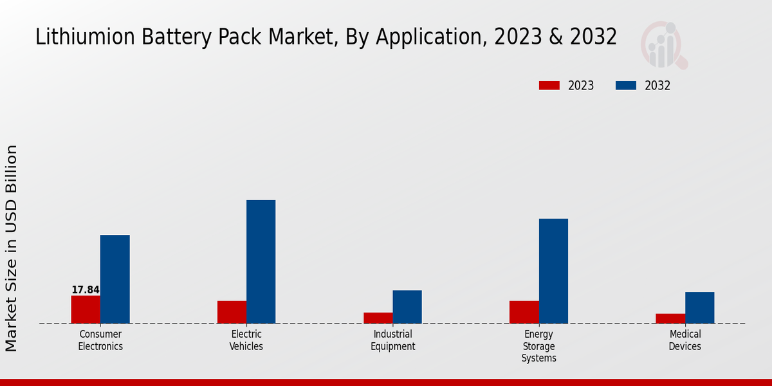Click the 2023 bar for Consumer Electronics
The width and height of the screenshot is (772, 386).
point(86,309)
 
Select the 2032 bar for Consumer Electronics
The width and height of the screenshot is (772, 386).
point(115,279)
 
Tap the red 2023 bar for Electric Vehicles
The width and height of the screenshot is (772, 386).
point(232,312)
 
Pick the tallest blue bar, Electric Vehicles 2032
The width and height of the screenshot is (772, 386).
point(261,262)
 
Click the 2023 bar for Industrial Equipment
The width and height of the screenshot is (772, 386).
point(378,318)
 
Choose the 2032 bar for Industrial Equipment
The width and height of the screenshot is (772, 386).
point(407,307)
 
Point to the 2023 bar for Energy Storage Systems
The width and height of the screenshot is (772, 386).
point(524,312)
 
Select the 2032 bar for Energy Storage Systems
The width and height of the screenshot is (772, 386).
point(553,271)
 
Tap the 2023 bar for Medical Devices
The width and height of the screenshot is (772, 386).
point(670,318)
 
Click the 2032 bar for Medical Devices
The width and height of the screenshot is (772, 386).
point(699,308)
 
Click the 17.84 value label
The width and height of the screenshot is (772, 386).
point(86,290)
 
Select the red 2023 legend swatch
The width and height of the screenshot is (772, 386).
point(549,86)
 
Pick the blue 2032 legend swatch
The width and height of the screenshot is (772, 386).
point(626,86)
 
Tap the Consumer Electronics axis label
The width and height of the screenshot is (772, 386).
point(100,340)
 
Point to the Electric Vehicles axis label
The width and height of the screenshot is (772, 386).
point(246,340)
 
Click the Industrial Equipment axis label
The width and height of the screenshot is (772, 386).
point(392,340)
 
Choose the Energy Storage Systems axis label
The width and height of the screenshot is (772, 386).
point(538,346)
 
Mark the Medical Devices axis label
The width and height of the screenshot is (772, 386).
point(685,340)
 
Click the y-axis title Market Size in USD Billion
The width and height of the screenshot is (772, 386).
point(12,248)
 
